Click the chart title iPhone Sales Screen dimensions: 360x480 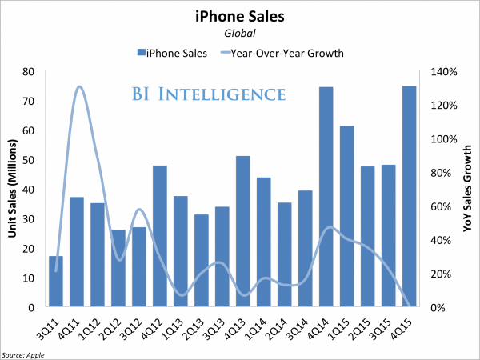(239, 15)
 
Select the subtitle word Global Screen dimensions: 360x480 (239, 33)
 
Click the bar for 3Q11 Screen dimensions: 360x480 (55, 281)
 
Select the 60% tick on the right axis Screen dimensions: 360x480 (445, 206)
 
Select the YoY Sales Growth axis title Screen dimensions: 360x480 (467, 189)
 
